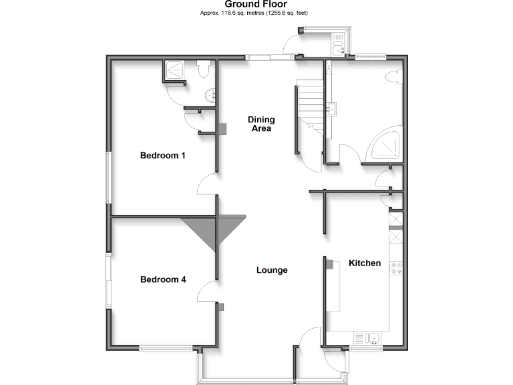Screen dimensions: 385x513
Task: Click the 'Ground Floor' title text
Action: coord(256,4)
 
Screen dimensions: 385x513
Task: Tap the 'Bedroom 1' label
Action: coord(162,156)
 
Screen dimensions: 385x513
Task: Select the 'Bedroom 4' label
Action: coord(162,279)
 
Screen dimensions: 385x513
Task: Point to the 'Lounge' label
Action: coord(272,270)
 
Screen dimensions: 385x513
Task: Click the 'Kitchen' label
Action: coord(365,263)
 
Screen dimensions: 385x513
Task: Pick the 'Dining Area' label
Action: coord(261,124)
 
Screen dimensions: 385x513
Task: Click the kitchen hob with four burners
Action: coord(395,268)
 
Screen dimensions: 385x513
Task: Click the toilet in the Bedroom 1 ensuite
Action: coord(204,69)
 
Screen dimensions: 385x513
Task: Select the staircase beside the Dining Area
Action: coord(310,107)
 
